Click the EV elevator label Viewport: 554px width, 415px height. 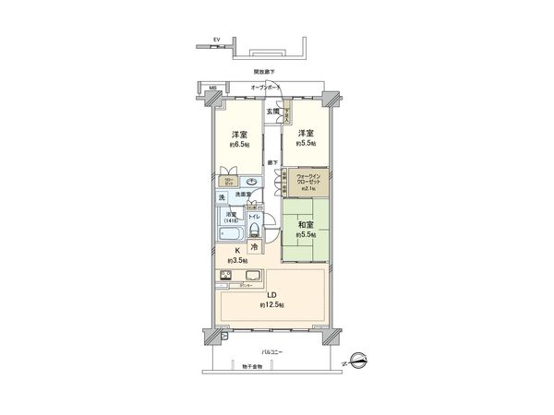click(x=216, y=40)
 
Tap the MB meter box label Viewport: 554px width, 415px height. click(x=211, y=89)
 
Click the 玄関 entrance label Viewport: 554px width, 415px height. click(x=272, y=111)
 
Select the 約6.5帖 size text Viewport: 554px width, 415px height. click(x=239, y=144)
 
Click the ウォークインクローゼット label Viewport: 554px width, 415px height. click(x=308, y=178)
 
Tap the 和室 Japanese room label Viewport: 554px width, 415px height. click(x=305, y=224)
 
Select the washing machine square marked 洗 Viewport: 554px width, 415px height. click(x=223, y=197)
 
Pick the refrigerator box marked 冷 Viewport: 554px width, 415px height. click(x=254, y=248)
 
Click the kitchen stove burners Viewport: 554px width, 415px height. click(x=226, y=276)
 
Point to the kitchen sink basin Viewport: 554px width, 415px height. click(x=251, y=276)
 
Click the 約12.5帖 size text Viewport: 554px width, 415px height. click(x=271, y=304)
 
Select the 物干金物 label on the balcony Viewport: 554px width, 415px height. click(x=252, y=367)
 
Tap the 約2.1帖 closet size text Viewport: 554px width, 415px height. click(x=308, y=189)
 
